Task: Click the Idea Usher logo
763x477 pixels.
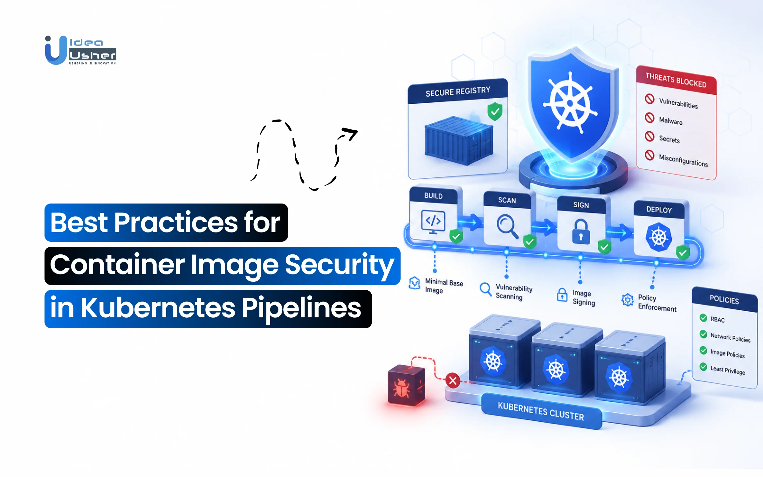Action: point(81,50)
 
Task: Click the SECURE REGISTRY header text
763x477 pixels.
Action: point(458,92)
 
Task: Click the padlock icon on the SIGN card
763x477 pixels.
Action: point(581,232)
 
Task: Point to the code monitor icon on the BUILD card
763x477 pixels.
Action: point(433,222)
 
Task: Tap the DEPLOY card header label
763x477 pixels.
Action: point(659,210)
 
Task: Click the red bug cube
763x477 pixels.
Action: point(406,385)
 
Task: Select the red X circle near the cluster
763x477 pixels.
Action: point(453,380)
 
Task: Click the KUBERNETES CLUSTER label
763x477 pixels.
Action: point(541,411)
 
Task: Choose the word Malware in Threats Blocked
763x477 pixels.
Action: point(671,121)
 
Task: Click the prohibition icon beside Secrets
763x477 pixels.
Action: point(650,136)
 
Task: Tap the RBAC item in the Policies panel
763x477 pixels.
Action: point(718,320)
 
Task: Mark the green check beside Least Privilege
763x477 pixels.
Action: point(703,367)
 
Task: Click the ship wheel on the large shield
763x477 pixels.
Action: point(570,103)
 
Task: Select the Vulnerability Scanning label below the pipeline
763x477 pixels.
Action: point(514,292)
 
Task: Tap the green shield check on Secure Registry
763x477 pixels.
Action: point(495,111)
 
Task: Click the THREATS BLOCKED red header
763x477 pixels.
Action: point(676,80)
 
